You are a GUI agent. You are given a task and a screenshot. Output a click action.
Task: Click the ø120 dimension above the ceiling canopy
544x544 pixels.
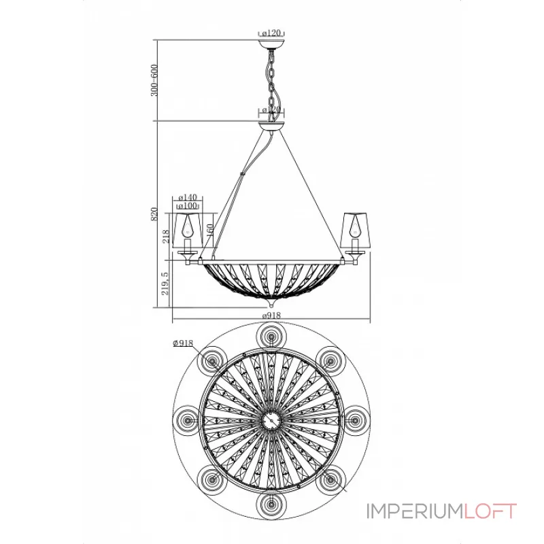(x=272, y=32)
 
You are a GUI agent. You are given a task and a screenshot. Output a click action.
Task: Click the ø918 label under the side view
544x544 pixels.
(x=272, y=316)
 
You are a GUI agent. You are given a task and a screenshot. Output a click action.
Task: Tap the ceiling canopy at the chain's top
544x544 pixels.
(x=272, y=45)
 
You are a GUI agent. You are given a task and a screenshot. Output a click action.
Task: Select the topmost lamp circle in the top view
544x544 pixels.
(x=271, y=337)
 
